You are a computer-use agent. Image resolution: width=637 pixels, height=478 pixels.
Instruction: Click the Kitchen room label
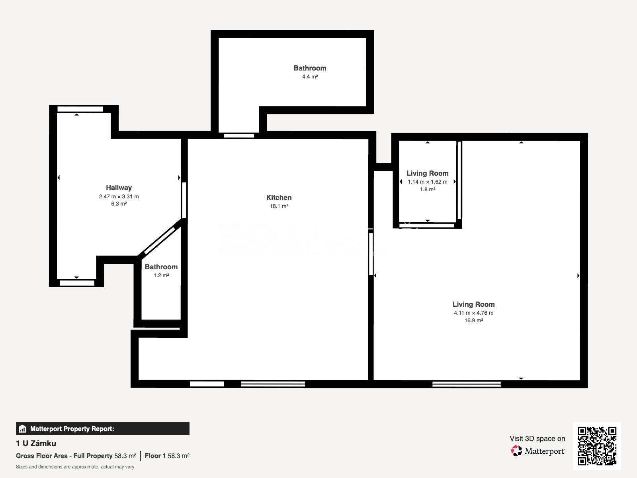[279, 198]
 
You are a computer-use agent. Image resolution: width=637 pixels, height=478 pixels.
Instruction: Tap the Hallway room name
[119, 188]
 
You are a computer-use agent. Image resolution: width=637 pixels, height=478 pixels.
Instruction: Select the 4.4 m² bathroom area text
[310, 76]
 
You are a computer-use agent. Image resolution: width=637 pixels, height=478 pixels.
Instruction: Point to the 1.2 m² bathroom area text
[161, 275]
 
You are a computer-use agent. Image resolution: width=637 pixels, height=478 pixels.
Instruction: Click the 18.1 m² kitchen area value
[279, 206]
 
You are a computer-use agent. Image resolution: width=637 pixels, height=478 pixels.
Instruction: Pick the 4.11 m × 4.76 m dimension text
[474, 313]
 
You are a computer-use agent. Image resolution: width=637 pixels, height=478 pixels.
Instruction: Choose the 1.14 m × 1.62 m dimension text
[428, 182]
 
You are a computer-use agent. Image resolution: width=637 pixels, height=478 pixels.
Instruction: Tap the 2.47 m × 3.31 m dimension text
[119, 196]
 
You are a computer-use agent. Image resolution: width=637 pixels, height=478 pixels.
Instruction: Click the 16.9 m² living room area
[474, 320]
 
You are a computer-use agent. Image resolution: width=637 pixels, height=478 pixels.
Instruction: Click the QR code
[597, 446]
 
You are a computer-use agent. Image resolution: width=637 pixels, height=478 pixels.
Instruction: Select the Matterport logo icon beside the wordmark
[516, 451]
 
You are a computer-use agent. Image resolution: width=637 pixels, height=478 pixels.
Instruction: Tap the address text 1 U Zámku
[36, 443]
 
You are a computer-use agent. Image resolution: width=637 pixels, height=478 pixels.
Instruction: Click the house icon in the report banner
[22, 429]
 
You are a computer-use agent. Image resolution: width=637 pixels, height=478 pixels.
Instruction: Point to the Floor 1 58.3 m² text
[167, 456]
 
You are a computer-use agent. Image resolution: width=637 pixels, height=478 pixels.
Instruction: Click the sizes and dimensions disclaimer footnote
[75, 467]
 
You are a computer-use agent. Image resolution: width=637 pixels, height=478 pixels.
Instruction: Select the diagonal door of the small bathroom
[160, 241]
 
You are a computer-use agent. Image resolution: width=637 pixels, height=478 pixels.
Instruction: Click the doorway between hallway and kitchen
[184, 200]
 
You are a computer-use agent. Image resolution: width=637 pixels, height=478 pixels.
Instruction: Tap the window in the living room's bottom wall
[466, 384]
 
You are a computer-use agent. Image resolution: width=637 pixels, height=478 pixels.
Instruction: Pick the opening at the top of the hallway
[80, 109]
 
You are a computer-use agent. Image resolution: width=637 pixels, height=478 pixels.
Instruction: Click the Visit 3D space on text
[537, 439]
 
